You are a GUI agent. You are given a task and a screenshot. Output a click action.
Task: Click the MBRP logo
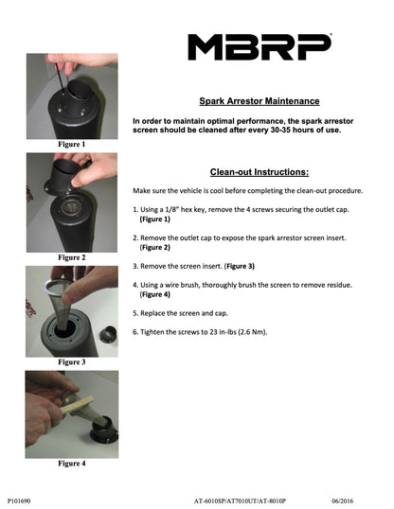coord(260,47)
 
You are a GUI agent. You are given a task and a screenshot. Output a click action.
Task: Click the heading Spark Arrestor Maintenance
coord(260,101)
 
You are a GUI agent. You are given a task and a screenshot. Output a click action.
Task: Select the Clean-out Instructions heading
coord(260,172)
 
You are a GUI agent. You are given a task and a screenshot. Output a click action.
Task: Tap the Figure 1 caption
coord(72,144)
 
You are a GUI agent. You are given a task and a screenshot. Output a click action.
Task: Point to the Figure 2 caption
coord(72,257)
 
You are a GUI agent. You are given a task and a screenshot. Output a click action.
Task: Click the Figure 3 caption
coord(72,362)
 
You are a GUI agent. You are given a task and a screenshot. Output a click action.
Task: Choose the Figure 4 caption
coord(72,464)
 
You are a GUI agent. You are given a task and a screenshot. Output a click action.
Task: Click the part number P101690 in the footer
coord(19,500)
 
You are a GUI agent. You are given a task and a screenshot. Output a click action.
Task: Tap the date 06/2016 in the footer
coord(342,500)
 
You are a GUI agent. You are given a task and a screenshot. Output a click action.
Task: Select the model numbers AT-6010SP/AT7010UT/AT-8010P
coord(240,500)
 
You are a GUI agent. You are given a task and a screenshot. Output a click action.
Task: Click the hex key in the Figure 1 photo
coord(60,77)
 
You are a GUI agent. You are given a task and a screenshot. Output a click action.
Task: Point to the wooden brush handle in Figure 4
coord(78,405)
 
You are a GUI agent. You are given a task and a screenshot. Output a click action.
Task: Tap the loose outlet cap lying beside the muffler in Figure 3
coord(108,334)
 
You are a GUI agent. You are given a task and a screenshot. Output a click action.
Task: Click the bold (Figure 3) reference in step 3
coord(240,266)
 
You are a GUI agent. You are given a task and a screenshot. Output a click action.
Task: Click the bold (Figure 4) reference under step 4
coord(155,294)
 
